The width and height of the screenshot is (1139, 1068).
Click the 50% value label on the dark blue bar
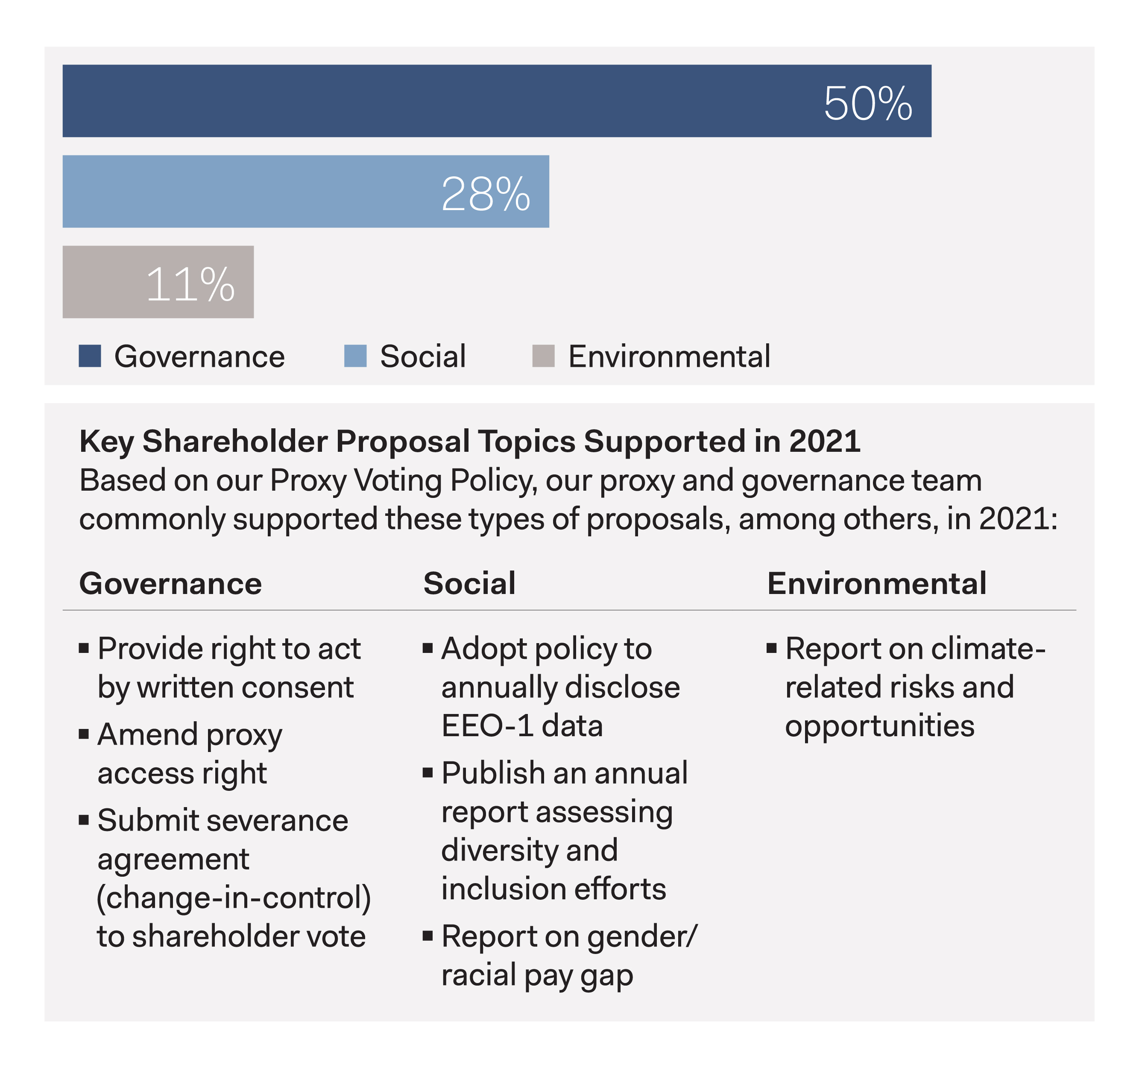867,104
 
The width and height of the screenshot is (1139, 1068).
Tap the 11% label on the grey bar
190,284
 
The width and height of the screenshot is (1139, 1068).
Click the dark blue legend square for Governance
90,356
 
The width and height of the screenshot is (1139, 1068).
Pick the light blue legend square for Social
355,356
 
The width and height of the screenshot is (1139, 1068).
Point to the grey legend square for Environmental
543,356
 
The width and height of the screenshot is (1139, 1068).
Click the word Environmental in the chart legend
669,357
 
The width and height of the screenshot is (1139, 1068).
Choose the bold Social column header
469,583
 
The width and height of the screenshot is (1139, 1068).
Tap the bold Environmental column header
877,583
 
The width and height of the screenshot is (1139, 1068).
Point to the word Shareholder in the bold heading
235,441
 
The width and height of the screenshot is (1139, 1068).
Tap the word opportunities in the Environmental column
879,726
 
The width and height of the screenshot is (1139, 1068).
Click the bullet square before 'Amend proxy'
84,734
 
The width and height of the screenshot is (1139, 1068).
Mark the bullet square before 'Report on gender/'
427,936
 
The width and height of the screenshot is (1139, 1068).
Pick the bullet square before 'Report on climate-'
772,649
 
